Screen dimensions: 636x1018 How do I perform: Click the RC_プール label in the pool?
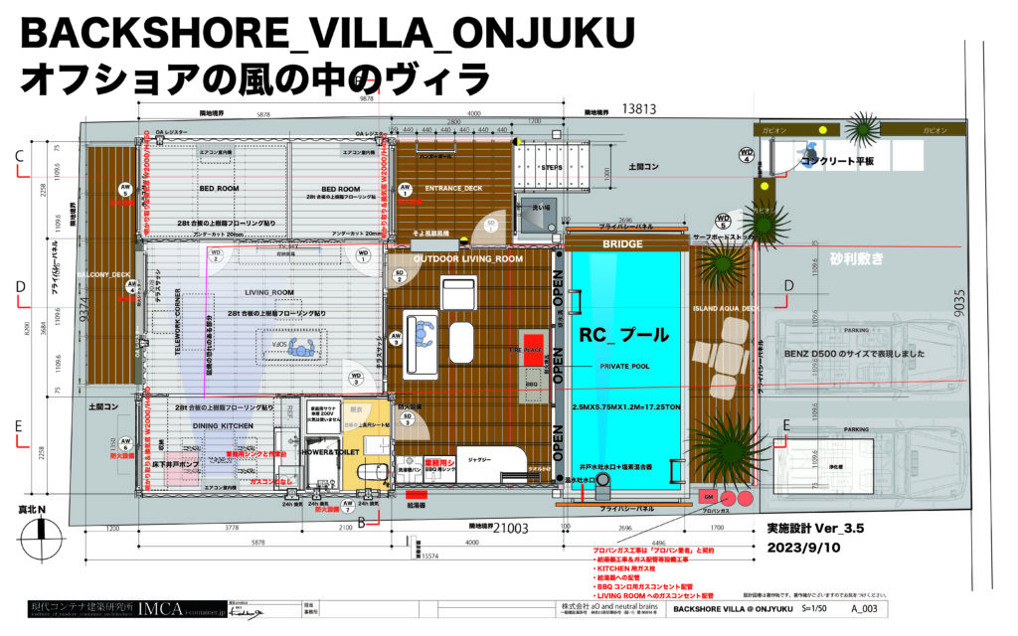[622, 338]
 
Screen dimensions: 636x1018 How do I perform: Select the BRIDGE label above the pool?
[623, 242]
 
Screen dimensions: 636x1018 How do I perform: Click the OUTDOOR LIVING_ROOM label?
[469, 258]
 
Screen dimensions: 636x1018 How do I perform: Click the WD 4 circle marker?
[747, 154]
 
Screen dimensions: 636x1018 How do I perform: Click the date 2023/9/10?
[803, 547]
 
